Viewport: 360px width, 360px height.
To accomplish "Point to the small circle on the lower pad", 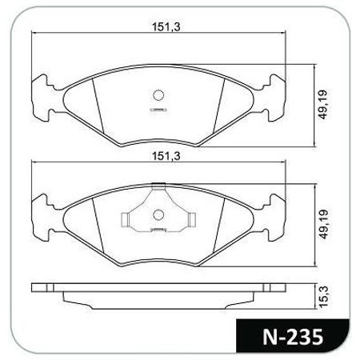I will (158, 214).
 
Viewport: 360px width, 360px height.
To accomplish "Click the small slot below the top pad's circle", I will (158, 109).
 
